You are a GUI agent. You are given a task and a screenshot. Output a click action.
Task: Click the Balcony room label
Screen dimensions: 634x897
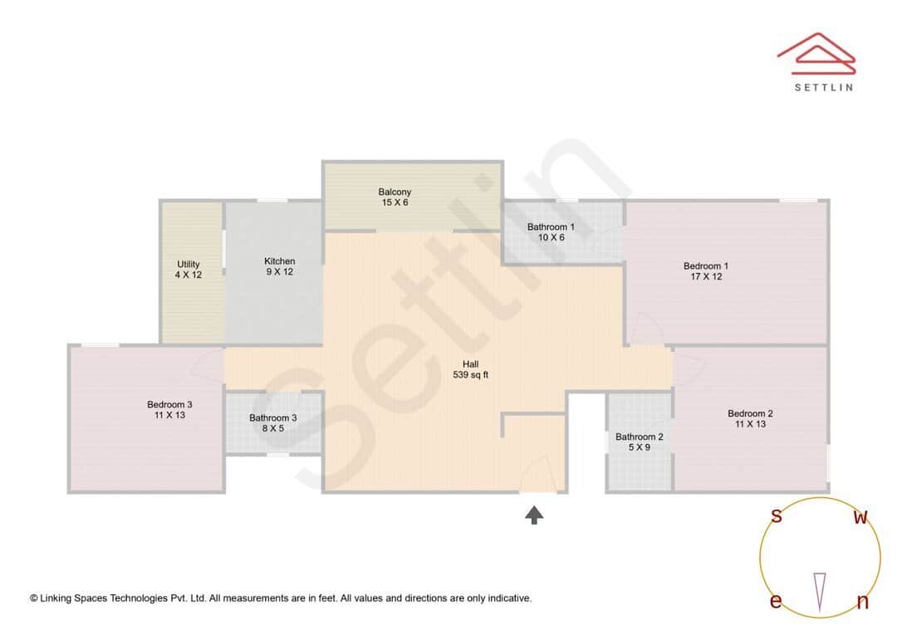(x=395, y=192)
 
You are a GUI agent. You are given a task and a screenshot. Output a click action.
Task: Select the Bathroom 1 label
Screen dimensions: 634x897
(x=551, y=227)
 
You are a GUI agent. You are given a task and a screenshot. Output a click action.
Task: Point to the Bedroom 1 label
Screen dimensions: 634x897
(x=706, y=266)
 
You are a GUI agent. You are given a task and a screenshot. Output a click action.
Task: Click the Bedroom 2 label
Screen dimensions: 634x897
(x=750, y=413)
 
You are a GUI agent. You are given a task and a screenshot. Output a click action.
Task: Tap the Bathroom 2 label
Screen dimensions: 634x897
(x=639, y=436)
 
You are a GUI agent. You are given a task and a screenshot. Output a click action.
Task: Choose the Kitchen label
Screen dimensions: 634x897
(x=279, y=261)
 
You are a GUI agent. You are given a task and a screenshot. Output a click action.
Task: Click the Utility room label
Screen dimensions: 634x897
(x=188, y=265)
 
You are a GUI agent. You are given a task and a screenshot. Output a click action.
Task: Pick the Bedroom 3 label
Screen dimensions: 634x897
(x=169, y=405)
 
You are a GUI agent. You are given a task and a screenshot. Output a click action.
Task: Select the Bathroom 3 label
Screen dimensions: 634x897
(x=272, y=418)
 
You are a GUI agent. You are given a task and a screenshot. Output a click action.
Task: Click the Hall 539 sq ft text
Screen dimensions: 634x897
(x=470, y=369)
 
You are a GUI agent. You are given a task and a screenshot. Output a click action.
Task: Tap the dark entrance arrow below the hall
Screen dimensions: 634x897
(x=534, y=515)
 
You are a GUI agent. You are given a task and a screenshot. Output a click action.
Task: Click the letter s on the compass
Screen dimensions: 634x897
(x=777, y=516)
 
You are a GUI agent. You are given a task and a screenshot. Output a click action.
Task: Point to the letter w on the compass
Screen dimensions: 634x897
(x=861, y=518)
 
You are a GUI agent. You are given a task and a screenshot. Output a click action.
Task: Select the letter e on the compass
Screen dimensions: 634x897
(x=776, y=602)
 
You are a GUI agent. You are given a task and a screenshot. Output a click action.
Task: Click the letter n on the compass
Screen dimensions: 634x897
(x=862, y=602)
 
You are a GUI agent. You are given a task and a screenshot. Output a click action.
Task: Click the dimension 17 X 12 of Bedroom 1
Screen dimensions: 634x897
(x=706, y=277)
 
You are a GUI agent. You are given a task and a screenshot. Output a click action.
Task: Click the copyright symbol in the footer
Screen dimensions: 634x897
(x=34, y=597)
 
